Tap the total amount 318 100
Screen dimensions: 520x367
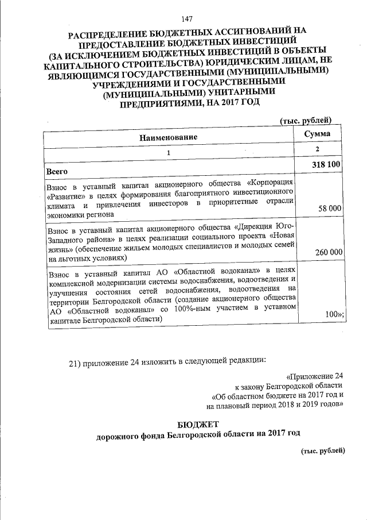(327, 165)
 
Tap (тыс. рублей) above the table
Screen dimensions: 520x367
(306, 119)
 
